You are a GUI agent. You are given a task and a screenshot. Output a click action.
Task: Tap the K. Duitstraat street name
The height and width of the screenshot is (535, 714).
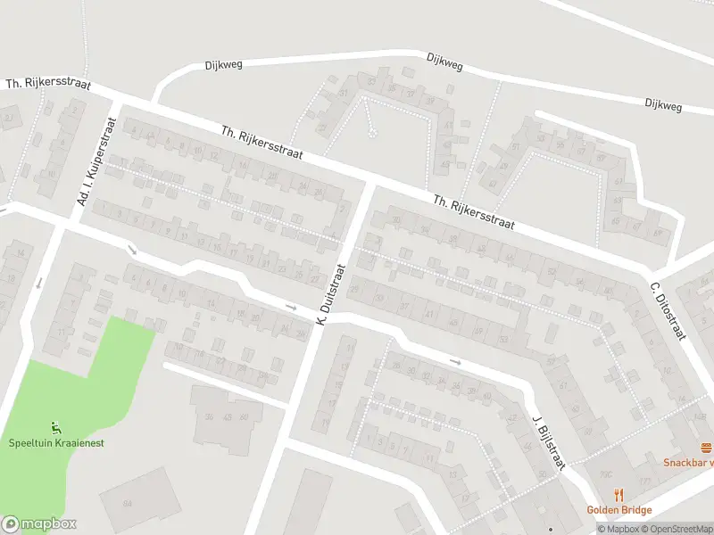click(x=329, y=293)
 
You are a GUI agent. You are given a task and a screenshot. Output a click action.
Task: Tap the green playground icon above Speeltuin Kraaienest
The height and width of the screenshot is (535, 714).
click(x=56, y=426)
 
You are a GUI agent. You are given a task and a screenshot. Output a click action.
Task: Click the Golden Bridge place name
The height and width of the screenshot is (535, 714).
click(x=619, y=510)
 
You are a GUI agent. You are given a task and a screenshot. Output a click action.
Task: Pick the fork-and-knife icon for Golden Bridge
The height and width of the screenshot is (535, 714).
click(x=618, y=495)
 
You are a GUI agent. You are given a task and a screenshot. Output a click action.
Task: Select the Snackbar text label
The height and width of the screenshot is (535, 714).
click(x=688, y=462)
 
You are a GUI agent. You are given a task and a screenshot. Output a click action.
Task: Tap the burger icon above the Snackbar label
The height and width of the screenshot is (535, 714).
click(x=706, y=448)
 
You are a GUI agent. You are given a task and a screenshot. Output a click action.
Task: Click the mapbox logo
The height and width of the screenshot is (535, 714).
click(x=39, y=524)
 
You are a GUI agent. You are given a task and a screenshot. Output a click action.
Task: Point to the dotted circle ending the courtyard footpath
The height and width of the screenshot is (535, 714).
click(x=372, y=135)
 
